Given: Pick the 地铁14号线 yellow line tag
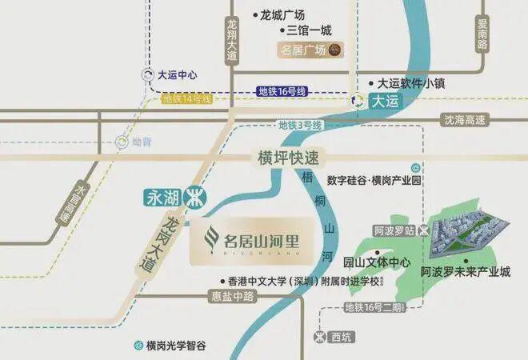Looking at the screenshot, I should click(186, 99).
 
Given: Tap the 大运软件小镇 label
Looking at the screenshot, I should click(410, 82).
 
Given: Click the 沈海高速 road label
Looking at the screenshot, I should click(465, 119).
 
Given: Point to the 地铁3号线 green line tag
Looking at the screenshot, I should click(300, 125).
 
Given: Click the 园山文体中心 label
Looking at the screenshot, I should click(376, 262).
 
